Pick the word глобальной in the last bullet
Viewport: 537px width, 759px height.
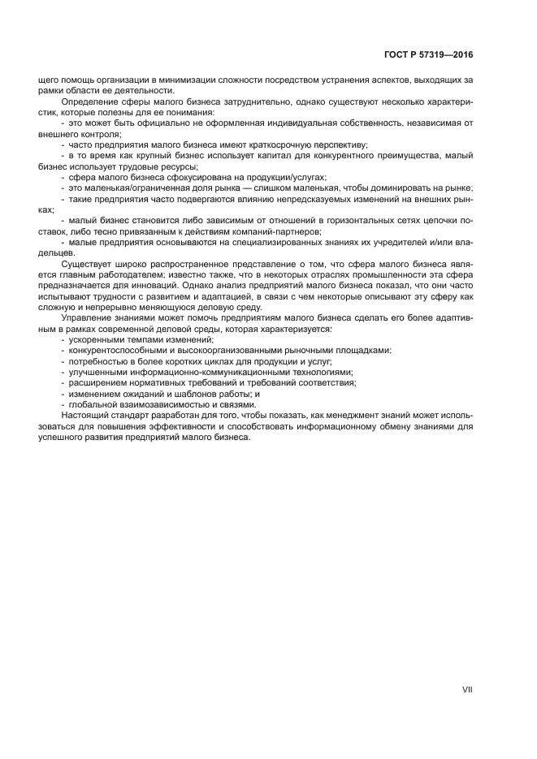point(95,404)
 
